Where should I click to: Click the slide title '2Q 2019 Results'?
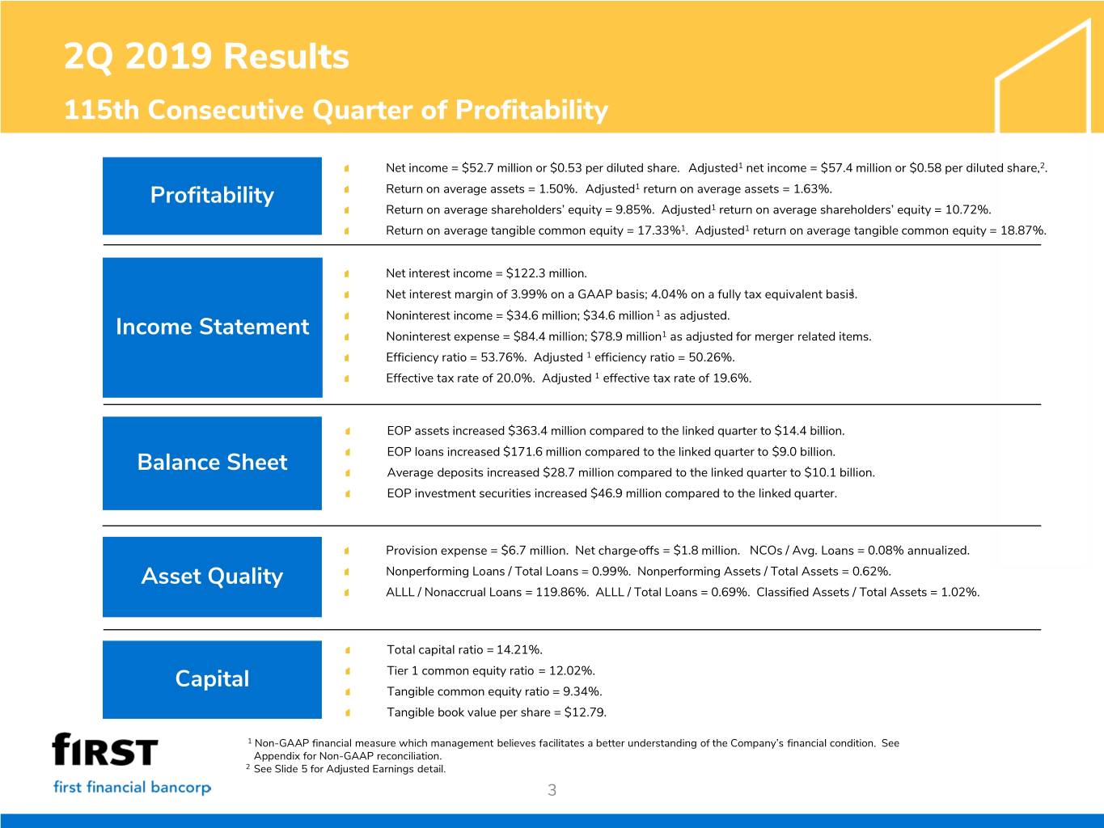(206, 57)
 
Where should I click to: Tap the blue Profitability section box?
(212, 196)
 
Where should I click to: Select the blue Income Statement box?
(212, 327)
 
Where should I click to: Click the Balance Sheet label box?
(212, 463)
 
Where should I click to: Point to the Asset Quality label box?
(212, 577)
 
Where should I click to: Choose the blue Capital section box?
(212, 679)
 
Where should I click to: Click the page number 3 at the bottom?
(552, 791)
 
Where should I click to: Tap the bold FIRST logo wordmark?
(105, 750)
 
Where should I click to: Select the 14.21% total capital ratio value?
(519, 650)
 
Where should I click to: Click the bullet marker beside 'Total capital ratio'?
(346, 650)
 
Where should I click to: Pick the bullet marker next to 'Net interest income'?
(346, 274)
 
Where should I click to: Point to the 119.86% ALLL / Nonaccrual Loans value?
(560, 593)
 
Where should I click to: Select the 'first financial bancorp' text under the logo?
(132, 788)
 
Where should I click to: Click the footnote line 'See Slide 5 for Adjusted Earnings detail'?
(349, 769)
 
